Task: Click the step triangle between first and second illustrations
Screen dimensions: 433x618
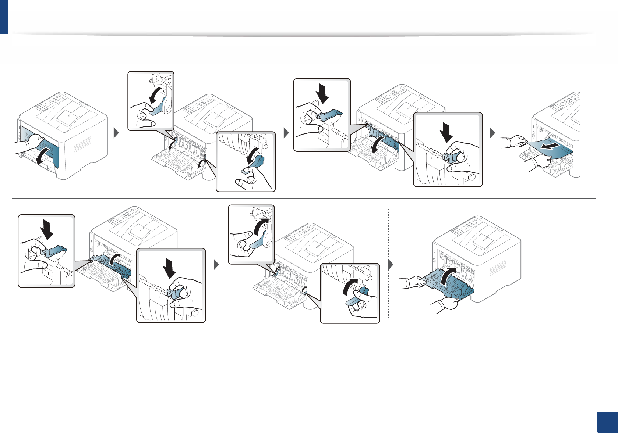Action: tap(117, 133)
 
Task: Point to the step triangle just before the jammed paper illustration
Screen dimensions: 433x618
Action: tap(493, 133)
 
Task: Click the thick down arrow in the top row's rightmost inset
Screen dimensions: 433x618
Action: tap(447, 132)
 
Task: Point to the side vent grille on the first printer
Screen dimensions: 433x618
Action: tap(82, 144)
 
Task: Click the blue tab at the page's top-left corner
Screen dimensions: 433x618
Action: tap(4, 17)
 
